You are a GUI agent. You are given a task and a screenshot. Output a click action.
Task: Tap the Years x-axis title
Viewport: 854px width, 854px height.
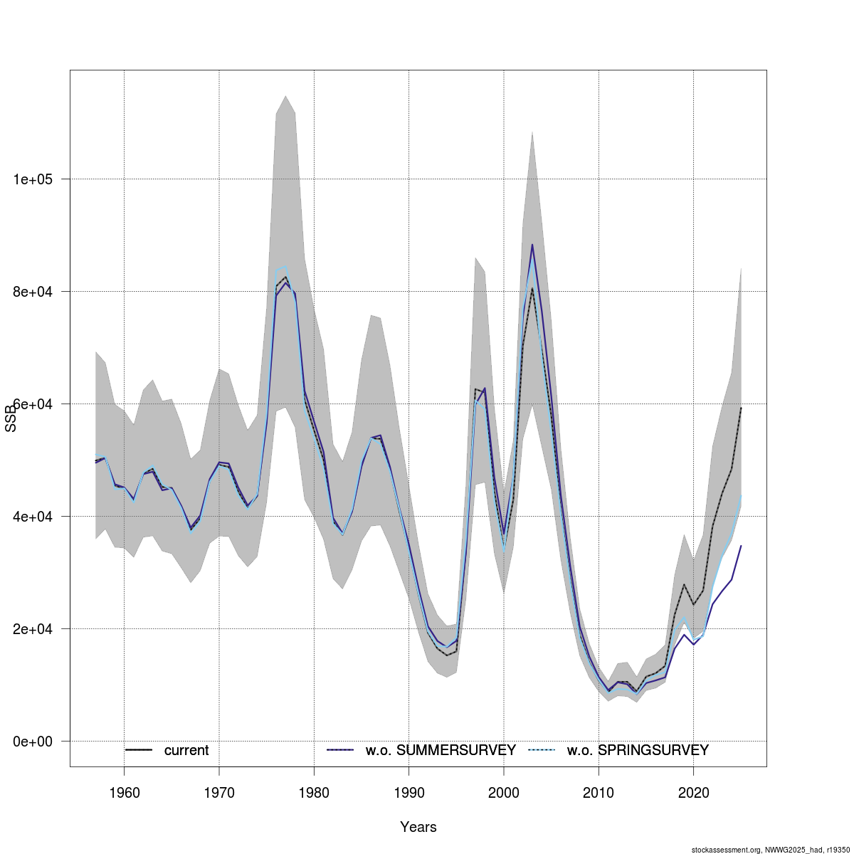click(x=418, y=827)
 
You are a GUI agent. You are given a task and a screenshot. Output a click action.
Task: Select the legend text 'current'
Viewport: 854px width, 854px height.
click(x=186, y=751)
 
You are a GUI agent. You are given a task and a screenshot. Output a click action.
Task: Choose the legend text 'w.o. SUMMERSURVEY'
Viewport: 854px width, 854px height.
click(x=441, y=751)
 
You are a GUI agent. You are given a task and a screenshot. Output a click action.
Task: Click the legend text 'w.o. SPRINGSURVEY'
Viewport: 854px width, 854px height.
click(x=638, y=751)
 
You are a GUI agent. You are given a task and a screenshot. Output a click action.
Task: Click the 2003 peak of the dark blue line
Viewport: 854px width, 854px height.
click(x=532, y=245)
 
